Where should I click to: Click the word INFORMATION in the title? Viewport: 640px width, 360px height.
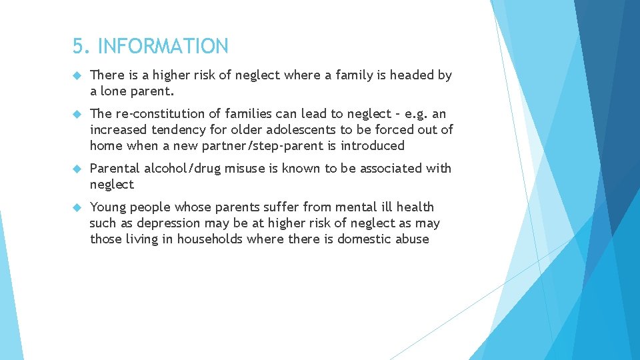pos(163,47)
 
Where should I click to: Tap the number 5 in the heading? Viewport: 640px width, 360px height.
pos(79,47)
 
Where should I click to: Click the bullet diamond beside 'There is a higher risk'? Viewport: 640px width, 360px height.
pos(76,76)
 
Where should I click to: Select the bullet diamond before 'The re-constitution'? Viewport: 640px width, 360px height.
pos(76,115)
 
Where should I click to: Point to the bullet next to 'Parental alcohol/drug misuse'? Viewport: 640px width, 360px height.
pos(76,169)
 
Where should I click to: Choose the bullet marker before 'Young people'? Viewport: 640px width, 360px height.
pos(76,208)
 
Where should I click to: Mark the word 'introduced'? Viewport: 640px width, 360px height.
pos(372,146)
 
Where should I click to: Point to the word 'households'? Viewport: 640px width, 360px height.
pos(210,239)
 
